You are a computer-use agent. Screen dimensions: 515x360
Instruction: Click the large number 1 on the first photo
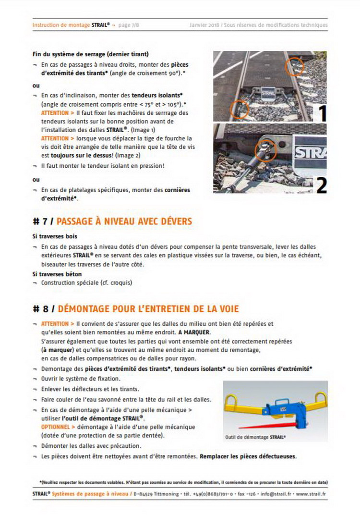[x=322, y=113]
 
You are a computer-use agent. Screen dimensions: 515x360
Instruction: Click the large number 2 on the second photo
[x=321, y=185]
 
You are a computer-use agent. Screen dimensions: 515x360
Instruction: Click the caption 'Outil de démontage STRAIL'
[x=255, y=438]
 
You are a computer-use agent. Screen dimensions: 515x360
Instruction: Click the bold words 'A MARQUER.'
[x=194, y=332]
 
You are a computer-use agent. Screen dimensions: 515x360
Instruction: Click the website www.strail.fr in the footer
[x=312, y=494]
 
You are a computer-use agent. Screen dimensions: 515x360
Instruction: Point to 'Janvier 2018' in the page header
[x=204, y=25]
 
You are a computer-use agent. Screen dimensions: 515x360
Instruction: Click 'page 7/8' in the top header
[x=129, y=25]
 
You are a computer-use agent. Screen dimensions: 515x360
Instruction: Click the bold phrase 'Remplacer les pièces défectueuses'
[x=248, y=456]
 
